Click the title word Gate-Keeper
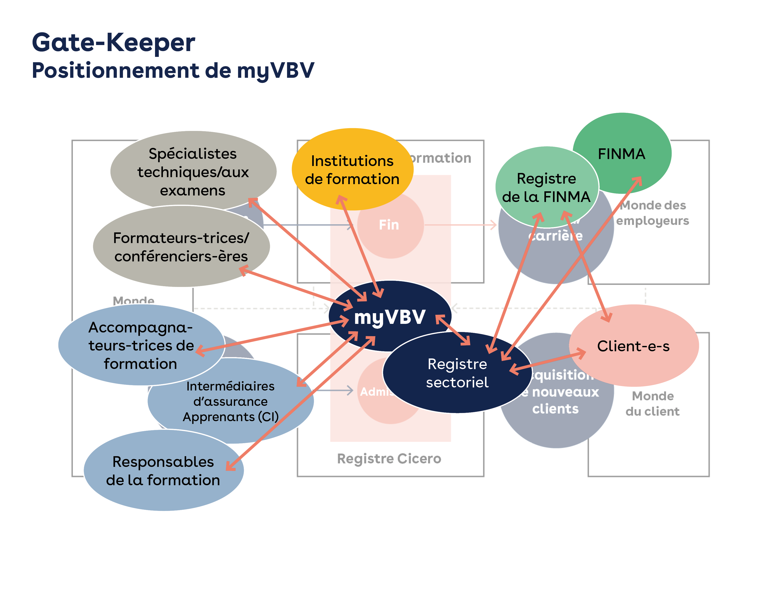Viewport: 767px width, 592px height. (x=113, y=43)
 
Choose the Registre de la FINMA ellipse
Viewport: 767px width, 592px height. (x=546, y=188)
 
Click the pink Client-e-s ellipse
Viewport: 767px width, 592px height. (x=633, y=346)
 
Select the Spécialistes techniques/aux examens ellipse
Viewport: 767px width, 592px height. (x=193, y=172)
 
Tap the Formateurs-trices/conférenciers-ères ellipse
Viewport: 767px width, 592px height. (x=181, y=247)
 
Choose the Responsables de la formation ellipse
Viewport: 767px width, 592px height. (x=163, y=471)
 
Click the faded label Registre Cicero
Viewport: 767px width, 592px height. (x=389, y=458)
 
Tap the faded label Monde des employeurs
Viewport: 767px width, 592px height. (x=652, y=213)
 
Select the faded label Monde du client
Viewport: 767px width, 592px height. (x=652, y=404)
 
